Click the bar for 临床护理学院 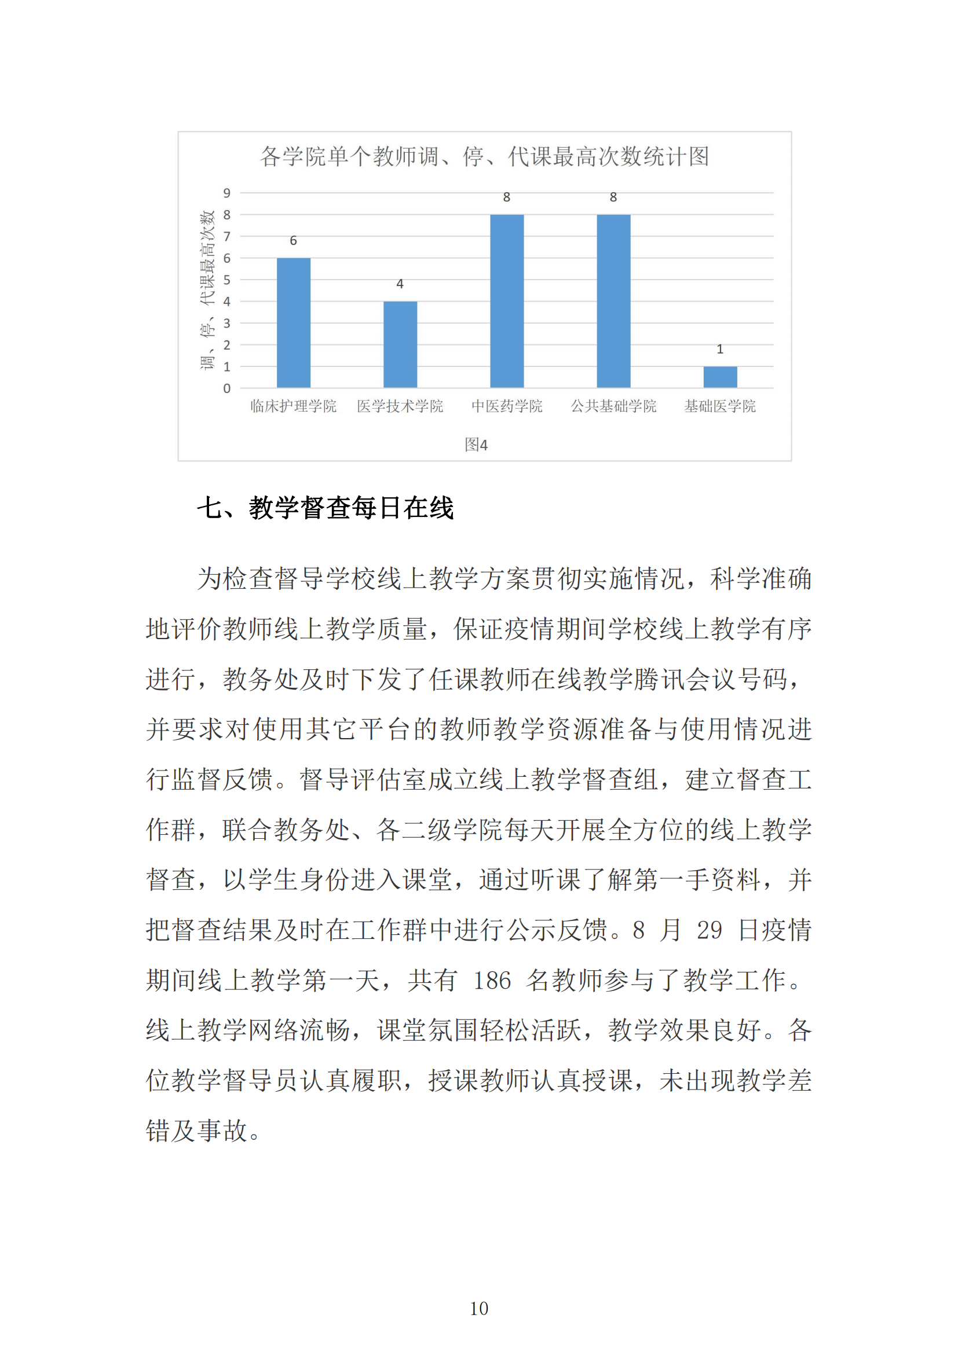293,322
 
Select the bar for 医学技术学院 400,344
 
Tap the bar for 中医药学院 507,301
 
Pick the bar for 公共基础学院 613,301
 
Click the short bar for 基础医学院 720,377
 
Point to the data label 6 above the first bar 293,241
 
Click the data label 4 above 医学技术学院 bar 400,284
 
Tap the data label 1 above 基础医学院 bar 720,349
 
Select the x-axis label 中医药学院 507,406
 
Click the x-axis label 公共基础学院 613,406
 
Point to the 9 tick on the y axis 226,193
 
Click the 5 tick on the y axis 226,280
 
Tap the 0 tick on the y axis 226,388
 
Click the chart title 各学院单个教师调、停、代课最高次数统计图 484,157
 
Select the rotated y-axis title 207,289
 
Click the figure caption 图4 476,445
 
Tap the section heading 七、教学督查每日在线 325,508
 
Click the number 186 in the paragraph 491,980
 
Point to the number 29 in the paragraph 709,930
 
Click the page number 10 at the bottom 479,1309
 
